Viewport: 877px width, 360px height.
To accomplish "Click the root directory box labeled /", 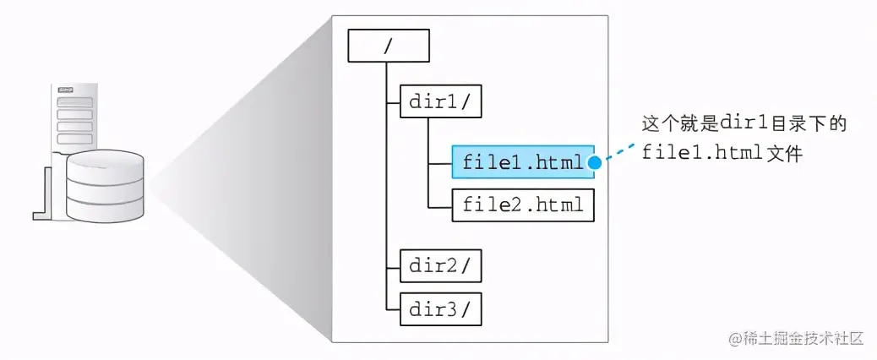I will click(389, 46).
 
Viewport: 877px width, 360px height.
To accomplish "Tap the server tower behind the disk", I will click(74, 118).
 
